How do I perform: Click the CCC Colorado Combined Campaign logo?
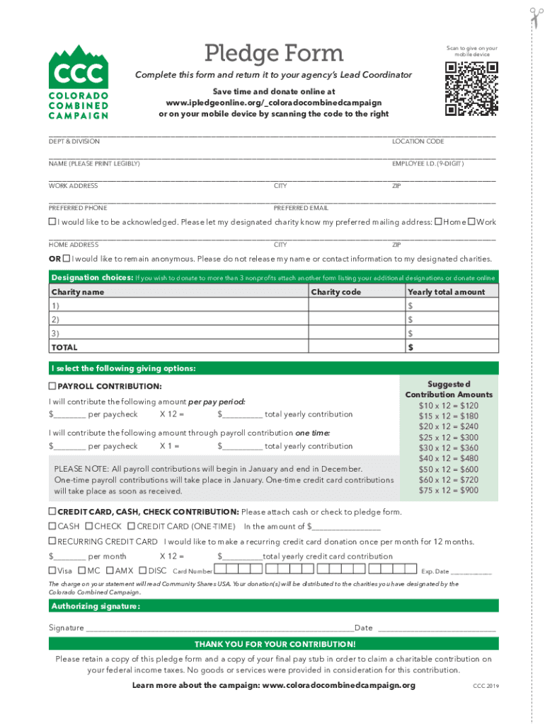coord(78,82)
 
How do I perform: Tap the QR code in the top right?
coord(471,88)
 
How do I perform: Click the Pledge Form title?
coord(273,53)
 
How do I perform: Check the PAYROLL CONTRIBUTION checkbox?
coord(52,386)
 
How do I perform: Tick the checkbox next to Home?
coord(438,222)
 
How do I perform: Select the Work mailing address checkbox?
coord(471,222)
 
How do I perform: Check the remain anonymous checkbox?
coord(67,259)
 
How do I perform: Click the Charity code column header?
coord(335,292)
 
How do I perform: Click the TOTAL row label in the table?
coord(64,347)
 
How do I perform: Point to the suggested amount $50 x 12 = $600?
coord(448,469)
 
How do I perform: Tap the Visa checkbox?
coord(52,571)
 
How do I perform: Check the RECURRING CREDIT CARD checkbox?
coord(52,542)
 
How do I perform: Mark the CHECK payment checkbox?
coord(89,526)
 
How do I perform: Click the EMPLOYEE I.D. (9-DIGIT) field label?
coord(428,163)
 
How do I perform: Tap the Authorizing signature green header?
coord(95,607)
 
